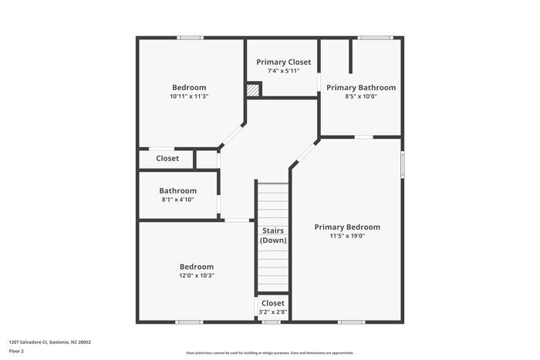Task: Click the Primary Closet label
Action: [284, 62]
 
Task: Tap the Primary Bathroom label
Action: [361, 87]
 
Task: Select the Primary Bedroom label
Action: [347, 227]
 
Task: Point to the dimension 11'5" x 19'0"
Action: [347, 236]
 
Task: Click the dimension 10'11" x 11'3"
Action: [189, 96]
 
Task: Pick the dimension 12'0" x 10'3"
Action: [197, 275]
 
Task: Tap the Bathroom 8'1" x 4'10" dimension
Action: [177, 199]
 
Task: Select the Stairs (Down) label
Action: [273, 235]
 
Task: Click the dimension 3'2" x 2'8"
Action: [273, 312]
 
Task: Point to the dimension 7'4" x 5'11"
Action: [284, 71]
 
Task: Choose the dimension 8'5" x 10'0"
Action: [361, 96]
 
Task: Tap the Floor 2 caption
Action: [16, 351]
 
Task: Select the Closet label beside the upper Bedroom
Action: [167, 158]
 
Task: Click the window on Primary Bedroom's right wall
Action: [402, 165]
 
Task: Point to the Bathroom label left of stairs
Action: [177, 190]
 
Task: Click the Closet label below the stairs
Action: [272, 303]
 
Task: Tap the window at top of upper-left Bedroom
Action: [191, 37]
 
